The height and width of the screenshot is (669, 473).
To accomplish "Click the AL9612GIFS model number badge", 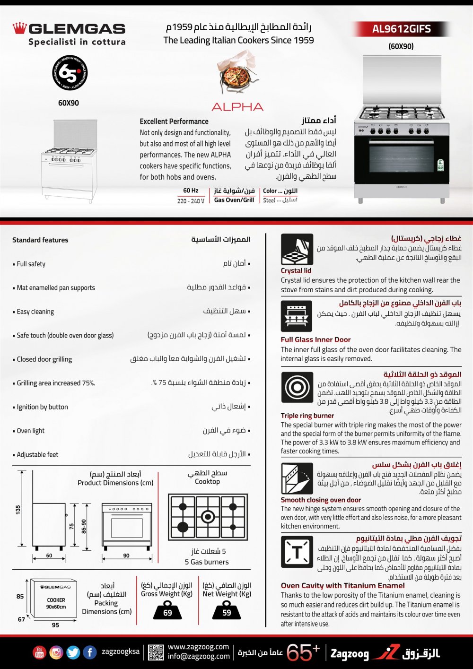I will coord(401,29).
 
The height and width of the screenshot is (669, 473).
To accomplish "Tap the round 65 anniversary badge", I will coord(70,73).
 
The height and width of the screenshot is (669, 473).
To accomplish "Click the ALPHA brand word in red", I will coord(237,107).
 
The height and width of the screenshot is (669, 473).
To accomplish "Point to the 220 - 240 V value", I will coord(191,201).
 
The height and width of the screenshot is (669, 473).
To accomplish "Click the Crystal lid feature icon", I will coord(297,249).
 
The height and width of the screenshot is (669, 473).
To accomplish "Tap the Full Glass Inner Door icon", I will coord(297,316).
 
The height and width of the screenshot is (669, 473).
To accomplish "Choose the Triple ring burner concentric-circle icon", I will coord(297,387).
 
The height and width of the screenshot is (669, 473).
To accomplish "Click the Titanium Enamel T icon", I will coord(297,552).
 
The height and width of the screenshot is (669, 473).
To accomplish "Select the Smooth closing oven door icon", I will coord(297,478).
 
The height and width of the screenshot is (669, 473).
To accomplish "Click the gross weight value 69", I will coord(167,613).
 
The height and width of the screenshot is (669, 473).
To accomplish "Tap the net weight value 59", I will coord(227,613).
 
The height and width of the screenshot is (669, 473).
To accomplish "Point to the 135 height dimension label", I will coord(18,509).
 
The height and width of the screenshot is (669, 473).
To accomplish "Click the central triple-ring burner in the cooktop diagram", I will coord(208,517).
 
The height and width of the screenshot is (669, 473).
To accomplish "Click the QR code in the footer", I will coord(156,652).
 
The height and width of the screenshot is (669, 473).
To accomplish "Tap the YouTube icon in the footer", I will coord(39,652).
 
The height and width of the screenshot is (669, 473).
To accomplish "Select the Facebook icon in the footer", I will coord(90,652).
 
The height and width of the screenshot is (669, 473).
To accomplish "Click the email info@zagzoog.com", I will coord(199,656).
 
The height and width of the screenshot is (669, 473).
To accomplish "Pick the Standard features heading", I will coord(40,240).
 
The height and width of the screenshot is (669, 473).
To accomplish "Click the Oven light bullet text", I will coord(31,431).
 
